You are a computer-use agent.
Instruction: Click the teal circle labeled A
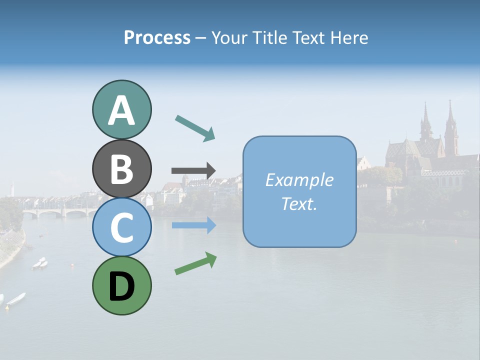(x=121, y=110)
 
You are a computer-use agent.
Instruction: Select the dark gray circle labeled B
(x=121, y=168)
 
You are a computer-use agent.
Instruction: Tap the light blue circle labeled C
(x=121, y=227)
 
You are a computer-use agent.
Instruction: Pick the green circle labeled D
(x=121, y=285)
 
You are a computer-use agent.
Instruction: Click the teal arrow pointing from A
(x=195, y=128)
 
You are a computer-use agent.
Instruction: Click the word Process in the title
(x=157, y=37)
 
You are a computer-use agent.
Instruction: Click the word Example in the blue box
(x=299, y=180)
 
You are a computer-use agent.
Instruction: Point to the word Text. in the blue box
(x=299, y=204)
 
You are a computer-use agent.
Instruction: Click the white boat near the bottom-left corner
(x=16, y=298)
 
